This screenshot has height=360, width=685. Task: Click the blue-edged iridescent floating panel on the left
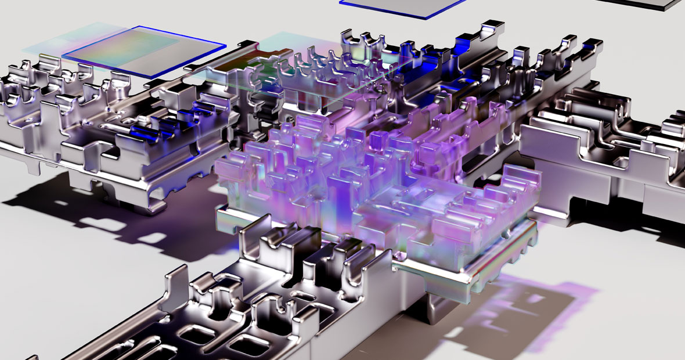pos(145,51)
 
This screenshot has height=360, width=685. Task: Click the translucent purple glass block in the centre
pos(348,174)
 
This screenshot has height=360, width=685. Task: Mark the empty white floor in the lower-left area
pos(70,290)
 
